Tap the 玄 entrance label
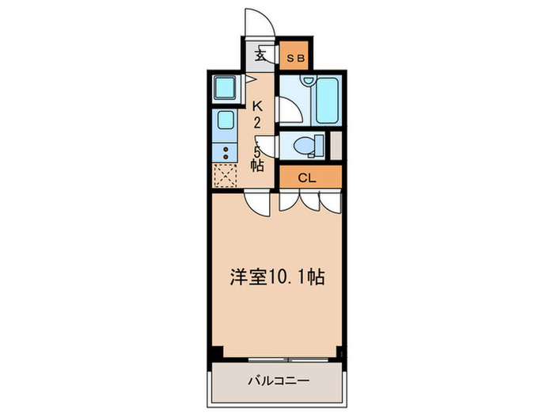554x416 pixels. (x=260, y=56)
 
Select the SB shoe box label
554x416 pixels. (x=294, y=57)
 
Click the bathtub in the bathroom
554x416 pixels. (x=326, y=101)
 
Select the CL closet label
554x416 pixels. (x=307, y=177)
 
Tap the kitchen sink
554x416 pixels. (x=225, y=122)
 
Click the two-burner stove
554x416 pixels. (x=226, y=151)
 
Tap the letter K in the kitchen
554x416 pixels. (x=257, y=105)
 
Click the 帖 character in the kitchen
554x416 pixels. (x=257, y=166)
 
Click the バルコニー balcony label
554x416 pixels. (x=277, y=379)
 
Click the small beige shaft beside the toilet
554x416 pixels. (x=336, y=145)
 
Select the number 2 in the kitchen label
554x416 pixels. (x=257, y=122)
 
